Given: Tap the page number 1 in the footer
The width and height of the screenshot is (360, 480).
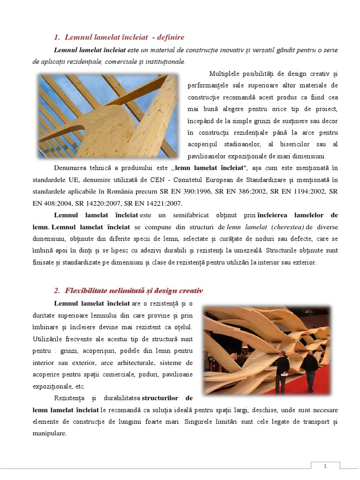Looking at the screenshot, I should pos(325,466).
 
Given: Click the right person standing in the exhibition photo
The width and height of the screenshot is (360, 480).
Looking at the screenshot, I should pos(310,370).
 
